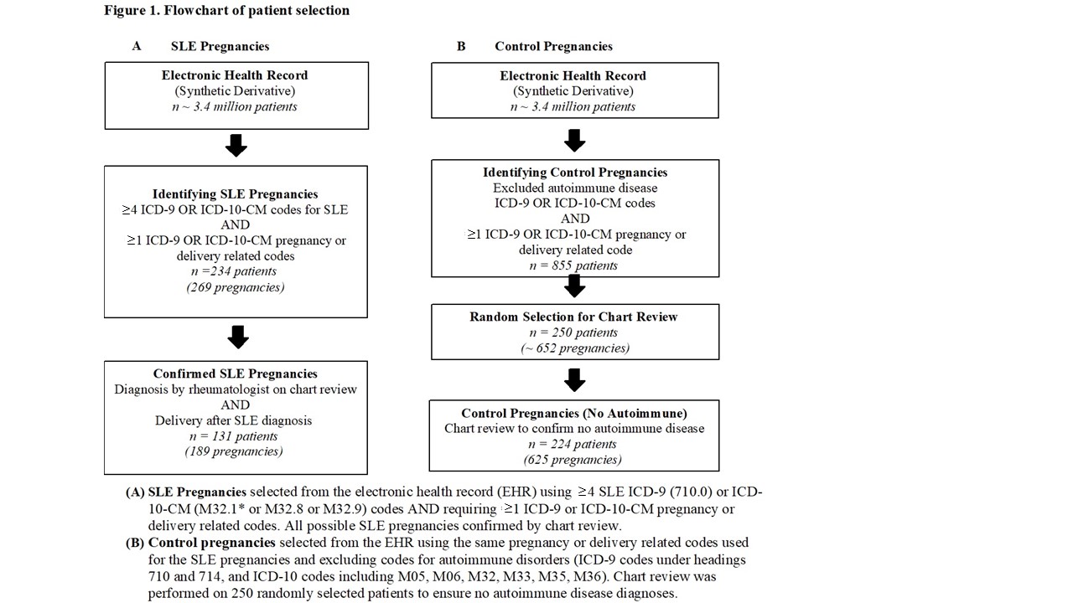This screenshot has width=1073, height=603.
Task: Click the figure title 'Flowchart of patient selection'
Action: tap(257, 11)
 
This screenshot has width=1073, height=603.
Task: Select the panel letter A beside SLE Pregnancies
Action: tap(137, 46)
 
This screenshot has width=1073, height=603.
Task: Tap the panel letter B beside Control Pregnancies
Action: tap(461, 46)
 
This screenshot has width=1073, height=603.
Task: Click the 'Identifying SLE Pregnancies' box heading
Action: tap(236, 193)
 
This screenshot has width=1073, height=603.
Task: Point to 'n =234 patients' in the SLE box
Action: tap(234, 271)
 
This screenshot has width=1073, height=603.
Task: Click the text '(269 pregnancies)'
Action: tap(236, 287)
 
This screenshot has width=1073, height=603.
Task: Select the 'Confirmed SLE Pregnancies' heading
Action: tap(236, 374)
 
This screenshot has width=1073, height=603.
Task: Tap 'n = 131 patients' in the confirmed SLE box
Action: tap(234, 436)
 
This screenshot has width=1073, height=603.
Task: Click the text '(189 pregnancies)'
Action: tap(234, 451)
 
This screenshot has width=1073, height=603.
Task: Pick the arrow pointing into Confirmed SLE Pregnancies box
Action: tap(238, 338)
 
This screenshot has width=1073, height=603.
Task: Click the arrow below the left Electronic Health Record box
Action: tap(236, 146)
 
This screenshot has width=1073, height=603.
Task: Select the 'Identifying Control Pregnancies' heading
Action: tap(575, 173)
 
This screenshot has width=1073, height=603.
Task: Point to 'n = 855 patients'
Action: tap(573, 265)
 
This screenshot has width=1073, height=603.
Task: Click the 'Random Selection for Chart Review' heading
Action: tap(573, 317)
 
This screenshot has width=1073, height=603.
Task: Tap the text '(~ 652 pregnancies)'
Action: tap(575, 348)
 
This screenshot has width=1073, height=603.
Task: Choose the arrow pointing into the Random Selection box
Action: tap(575, 286)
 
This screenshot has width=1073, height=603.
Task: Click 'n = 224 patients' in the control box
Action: tap(573, 444)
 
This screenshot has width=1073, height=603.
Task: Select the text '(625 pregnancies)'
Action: tap(573, 460)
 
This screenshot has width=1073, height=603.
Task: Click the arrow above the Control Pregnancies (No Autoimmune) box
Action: tap(575, 380)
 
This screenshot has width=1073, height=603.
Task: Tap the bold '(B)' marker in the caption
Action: tap(135, 543)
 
